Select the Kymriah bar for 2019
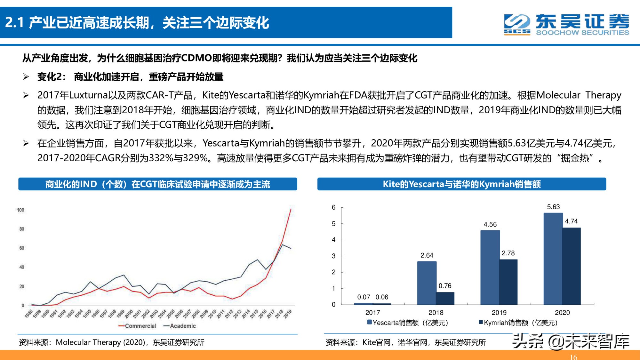508,282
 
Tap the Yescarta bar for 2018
427,283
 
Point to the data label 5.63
553,207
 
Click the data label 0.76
445,286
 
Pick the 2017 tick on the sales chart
372,313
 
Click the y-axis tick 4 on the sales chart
333,240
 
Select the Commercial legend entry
138,326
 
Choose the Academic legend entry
180,326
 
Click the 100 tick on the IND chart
20,210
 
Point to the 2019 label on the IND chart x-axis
287,314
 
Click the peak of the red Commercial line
291,209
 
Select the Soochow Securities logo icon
516,24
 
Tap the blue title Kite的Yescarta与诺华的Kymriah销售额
461,184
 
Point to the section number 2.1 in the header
14,23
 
